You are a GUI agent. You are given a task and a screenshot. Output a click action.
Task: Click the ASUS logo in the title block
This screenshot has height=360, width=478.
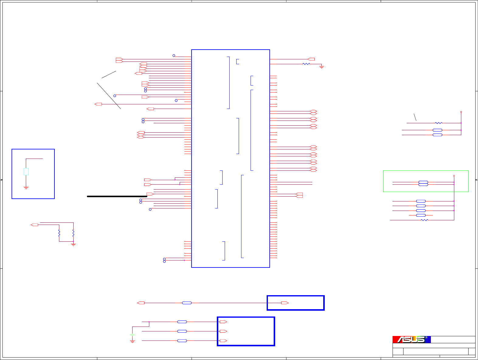(x=411, y=339)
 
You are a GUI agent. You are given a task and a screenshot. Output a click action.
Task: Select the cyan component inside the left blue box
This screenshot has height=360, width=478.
(x=26, y=172)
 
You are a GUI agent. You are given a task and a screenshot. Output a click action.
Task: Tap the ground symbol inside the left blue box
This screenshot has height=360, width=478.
(x=26, y=188)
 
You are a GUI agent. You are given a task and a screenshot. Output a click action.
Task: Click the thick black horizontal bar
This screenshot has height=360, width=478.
(x=117, y=196)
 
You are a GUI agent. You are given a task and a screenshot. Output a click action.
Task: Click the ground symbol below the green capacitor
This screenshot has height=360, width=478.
(x=132, y=342)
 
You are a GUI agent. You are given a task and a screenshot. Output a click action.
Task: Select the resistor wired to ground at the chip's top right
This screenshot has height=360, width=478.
(x=306, y=64)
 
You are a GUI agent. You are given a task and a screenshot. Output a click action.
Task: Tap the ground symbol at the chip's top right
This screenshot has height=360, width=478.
(x=322, y=67)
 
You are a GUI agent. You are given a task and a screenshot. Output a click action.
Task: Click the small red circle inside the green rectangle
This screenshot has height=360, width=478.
(x=454, y=176)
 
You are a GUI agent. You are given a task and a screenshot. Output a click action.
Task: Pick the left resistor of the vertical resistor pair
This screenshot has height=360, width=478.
(x=59, y=233)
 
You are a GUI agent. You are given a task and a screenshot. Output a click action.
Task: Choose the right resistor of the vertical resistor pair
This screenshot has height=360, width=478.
(x=73, y=233)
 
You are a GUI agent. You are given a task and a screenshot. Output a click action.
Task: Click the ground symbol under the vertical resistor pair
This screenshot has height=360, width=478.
(x=73, y=244)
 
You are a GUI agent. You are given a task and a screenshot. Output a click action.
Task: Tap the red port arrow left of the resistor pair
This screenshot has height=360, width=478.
(x=35, y=225)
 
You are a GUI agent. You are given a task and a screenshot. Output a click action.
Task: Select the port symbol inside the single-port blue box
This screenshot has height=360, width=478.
(x=285, y=303)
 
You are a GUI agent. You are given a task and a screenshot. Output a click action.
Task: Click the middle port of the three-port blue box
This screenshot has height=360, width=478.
(x=223, y=331)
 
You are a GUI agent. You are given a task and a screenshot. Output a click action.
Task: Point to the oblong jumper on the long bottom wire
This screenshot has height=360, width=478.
(x=187, y=303)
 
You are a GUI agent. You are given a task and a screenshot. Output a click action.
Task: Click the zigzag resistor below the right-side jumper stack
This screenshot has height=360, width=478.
(x=424, y=220)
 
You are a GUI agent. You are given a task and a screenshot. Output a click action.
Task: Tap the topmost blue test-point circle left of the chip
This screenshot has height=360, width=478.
(x=174, y=56)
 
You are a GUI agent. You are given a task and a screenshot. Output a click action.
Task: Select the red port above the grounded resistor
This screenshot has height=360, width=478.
(x=311, y=59)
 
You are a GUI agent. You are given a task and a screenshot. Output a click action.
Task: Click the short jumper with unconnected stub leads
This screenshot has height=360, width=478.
(x=421, y=215)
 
